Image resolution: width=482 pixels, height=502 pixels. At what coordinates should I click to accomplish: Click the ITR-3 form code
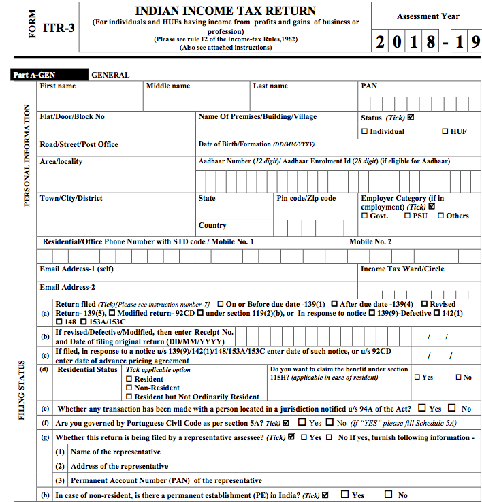58,29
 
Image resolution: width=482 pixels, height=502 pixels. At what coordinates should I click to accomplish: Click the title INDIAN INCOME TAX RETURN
225,11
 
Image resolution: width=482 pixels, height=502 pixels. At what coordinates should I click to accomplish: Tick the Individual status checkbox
365,131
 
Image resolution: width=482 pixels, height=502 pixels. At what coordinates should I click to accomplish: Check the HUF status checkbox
445,131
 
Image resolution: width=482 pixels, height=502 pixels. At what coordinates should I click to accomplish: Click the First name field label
58,86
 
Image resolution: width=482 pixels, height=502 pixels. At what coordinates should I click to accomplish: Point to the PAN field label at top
368,86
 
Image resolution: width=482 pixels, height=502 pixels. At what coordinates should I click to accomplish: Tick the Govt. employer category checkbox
365,216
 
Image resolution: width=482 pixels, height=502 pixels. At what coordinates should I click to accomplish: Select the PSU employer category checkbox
407,216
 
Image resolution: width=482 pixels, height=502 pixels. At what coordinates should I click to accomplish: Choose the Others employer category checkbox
440,216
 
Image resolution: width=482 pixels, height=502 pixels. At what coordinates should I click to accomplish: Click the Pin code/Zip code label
306,199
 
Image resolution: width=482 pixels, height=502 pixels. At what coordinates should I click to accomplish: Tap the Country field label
212,226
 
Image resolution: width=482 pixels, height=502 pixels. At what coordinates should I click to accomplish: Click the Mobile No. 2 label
370,241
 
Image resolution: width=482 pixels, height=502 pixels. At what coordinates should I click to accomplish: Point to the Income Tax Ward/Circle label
402,269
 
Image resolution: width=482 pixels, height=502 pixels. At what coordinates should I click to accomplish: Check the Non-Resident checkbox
129,388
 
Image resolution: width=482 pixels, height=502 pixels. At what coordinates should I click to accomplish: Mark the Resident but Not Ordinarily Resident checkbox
129,397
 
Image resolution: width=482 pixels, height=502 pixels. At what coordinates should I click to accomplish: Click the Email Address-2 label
67,287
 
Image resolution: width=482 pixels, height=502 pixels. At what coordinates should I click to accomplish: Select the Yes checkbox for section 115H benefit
417,377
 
